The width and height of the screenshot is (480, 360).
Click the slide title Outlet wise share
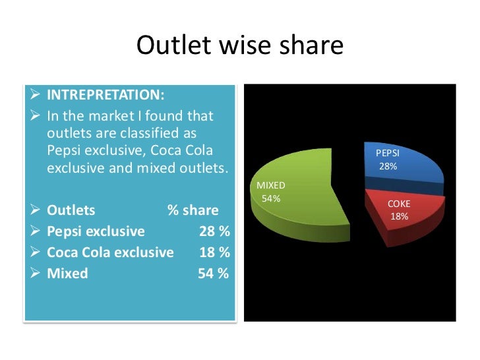240,45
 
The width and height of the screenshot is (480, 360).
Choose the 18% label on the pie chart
400,217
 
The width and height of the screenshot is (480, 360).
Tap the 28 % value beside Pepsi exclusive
214,231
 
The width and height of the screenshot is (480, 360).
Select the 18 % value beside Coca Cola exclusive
214,253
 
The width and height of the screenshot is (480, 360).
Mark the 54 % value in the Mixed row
214,274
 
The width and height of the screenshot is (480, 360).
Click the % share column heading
193,211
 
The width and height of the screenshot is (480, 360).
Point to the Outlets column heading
71,211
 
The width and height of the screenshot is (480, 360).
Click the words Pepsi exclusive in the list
96,231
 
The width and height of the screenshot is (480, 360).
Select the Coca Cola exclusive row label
110,253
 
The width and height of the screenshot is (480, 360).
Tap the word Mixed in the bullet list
67,274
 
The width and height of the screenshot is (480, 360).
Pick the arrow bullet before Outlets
37,211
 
